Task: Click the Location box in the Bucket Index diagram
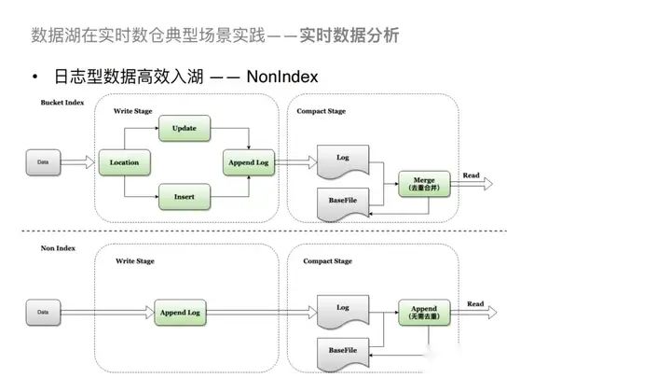[124, 162]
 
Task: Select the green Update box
[184, 128]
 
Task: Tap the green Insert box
[184, 197]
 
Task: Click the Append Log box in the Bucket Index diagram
[247, 162]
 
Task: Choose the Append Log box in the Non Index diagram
[181, 312]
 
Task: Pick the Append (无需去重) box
[424, 312]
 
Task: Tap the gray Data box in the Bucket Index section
[43, 162]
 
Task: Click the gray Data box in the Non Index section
[43, 312]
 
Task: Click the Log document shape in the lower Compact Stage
[343, 308]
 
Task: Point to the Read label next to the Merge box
[472, 175]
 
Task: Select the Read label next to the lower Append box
[475, 303]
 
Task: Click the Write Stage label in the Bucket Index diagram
[133, 111]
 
